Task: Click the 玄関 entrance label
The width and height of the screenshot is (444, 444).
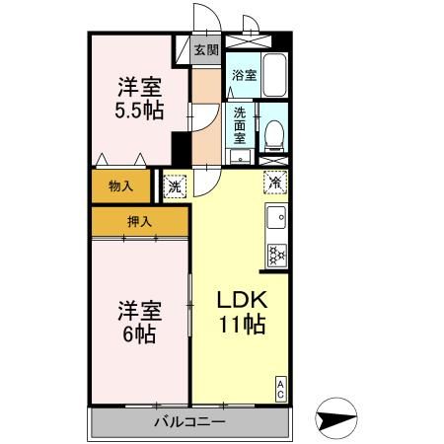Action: coord(205,50)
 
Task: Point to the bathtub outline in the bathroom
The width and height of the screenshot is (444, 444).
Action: coord(273,73)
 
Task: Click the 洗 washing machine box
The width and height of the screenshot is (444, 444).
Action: coord(175,184)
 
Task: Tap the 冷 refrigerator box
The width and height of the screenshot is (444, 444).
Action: coord(276,182)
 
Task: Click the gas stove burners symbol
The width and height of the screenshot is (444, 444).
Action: coord(276,256)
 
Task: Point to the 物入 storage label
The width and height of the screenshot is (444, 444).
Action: coord(121,185)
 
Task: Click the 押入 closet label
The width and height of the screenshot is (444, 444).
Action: coord(140,222)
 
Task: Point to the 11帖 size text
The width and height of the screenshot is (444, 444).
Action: coord(241,327)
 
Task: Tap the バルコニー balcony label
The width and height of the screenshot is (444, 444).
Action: coord(189,422)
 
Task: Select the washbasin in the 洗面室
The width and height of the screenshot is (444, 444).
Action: coord(240,155)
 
